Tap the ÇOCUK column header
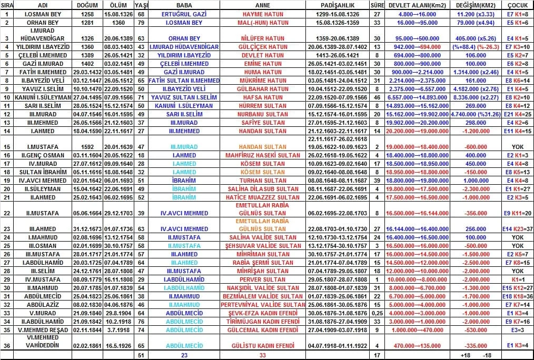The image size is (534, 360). pos(518,5)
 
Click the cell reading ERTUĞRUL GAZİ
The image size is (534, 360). pos(184,14)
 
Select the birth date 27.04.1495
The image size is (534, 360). pos(87,97)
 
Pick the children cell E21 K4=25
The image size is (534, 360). pos(518,114)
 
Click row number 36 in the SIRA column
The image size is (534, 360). pos(7,345)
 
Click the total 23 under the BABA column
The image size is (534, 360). pos(184,355)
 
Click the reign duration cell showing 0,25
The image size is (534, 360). pos(377,313)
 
